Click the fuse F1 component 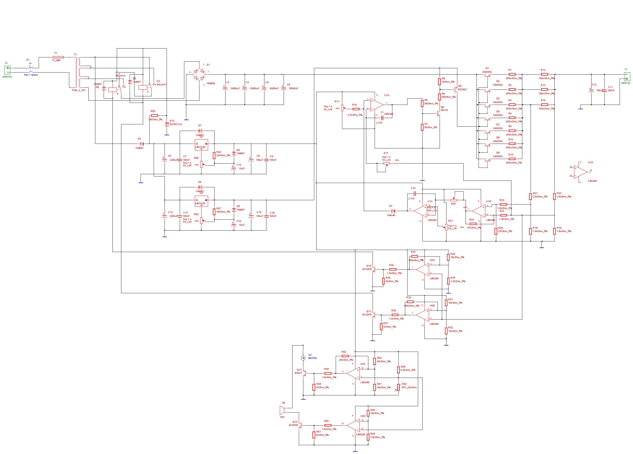point(58,57)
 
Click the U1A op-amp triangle point(376,105)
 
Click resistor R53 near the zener point(154,115)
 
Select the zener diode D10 point(167,124)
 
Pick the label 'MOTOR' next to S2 point(313,358)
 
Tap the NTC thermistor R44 point(399,388)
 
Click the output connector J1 point(627,76)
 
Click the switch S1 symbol point(31,67)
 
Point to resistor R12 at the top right point(544,74)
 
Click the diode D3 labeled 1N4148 point(393,211)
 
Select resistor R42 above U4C point(345,356)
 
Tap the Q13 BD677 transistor point(304,373)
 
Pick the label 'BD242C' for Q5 point(462,89)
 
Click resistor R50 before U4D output point(328,425)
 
